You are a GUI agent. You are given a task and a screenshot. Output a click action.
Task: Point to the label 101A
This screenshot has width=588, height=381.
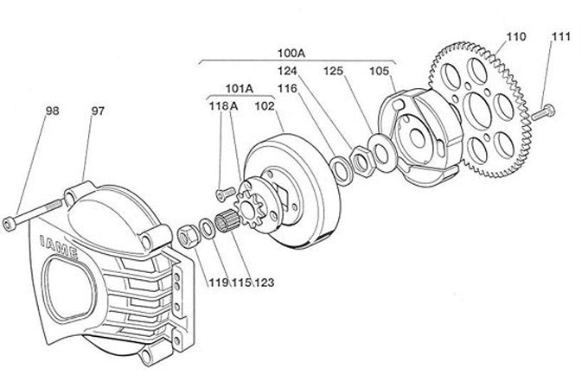coord(239,87)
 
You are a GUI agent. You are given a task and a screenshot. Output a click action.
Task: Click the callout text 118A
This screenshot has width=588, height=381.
coord(221,106)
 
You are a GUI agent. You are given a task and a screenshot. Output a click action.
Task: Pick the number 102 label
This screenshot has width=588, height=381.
coord(265,106)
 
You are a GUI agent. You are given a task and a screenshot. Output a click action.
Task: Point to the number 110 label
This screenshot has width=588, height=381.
coord(515,37)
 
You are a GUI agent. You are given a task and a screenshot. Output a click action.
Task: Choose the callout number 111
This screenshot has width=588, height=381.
coord(561,37)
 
